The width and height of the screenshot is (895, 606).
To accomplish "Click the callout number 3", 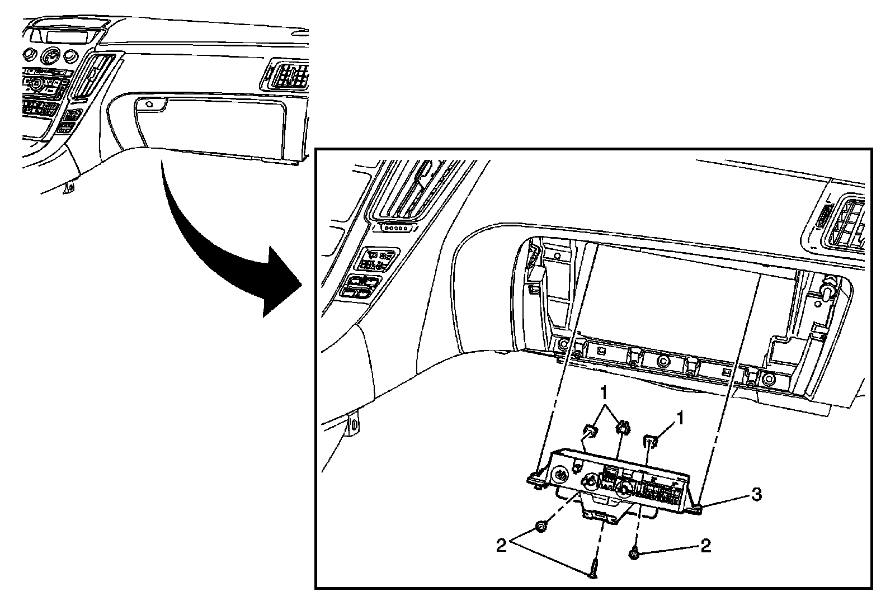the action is (x=756, y=494).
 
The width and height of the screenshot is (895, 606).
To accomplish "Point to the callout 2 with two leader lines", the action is (x=501, y=545).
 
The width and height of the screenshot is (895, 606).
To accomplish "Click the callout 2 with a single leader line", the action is (x=705, y=546).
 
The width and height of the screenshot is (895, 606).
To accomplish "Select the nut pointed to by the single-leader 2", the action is (x=634, y=553).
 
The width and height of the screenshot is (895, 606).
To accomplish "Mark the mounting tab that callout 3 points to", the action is (x=696, y=508).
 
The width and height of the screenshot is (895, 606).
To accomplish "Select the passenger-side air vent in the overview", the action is (x=289, y=74).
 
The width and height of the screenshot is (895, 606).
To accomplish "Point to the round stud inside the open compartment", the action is (x=827, y=290).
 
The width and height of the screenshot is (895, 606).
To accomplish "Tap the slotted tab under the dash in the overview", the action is (x=69, y=187).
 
